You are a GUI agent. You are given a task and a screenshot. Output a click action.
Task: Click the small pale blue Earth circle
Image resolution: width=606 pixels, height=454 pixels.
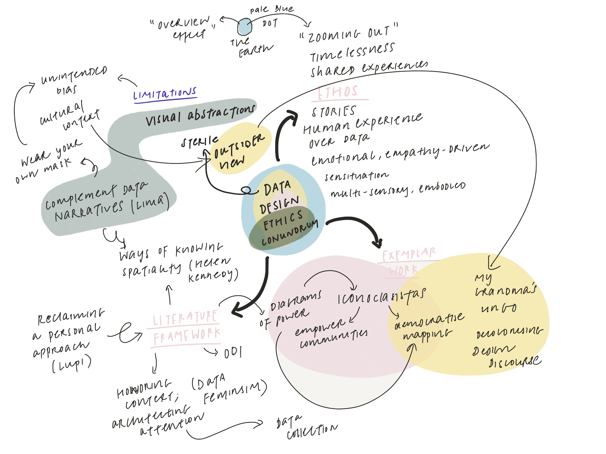point(244,27)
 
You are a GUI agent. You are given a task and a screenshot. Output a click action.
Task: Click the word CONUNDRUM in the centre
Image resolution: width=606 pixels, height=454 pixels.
point(290,233)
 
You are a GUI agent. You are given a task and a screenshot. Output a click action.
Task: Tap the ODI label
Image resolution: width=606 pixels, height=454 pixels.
point(233,353)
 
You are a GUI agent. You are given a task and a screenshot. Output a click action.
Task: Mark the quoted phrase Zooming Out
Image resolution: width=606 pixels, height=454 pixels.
point(349,34)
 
